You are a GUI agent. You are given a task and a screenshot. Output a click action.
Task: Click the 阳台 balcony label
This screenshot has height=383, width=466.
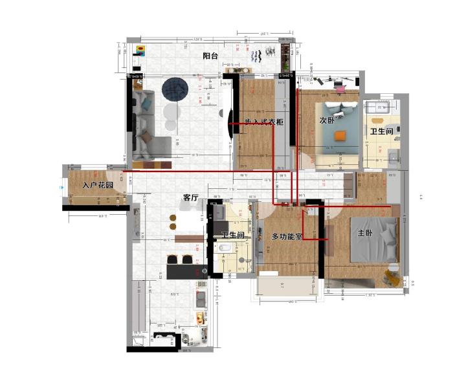pyautogui.click(x=210, y=56)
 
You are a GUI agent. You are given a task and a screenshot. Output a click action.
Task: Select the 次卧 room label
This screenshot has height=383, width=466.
pyautogui.click(x=327, y=120)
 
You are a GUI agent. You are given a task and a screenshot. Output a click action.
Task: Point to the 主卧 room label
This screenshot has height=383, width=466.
pyautogui.click(x=365, y=234)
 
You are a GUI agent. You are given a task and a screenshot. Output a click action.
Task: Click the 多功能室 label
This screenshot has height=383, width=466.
pyautogui.click(x=287, y=237)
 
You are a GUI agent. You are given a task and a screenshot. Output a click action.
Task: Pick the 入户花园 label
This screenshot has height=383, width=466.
pyautogui.click(x=98, y=186)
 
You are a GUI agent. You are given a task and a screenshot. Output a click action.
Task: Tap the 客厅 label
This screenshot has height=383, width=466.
pyautogui.click(x=190, y=197)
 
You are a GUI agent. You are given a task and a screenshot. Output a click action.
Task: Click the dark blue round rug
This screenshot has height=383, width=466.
pyautogui.click(x=175, y=89)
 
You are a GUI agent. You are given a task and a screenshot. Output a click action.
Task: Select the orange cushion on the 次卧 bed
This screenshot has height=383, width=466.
pyautogui.click(x=340, y=136)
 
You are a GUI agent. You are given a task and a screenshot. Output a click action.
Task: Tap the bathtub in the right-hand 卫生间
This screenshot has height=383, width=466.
pyautogui.click(x=379, y=108)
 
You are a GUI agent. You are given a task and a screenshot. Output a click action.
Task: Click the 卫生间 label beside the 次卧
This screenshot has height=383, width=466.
pyautogui.click(x=382, y=131)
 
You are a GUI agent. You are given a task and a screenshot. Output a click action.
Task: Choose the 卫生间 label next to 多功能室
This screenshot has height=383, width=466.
pyautogui.click(x=233, y=235)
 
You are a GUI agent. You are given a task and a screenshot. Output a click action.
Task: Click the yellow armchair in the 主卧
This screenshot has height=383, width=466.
pyautogui.click(x=392, y=276)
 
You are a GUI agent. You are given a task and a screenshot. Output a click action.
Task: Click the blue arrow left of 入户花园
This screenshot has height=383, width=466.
pyautogui.click(x=61, y=188)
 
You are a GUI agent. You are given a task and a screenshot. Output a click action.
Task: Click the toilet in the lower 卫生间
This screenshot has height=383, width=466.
pyautogui.click(x=224, y=248)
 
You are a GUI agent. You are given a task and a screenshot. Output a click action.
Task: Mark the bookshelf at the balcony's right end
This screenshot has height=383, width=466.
pyautogui.click(x=285, y=57)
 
